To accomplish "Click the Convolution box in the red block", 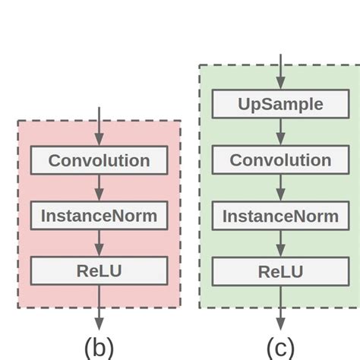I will pos(99,160).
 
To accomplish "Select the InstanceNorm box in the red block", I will pos(99,216).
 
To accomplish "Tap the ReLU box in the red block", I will pos(99,270).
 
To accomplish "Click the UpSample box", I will pos(280,104).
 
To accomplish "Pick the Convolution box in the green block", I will pos(280,160).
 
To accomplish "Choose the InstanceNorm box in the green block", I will pos(280,216).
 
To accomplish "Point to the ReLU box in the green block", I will pos(280,271).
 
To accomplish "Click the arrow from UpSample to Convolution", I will pos(280,132).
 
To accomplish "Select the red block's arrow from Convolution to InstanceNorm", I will pos(99,188).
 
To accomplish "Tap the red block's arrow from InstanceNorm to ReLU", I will pos(99,243).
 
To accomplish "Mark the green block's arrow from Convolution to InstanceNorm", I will pos(280,188).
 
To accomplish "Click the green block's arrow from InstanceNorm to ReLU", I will pos(280,243).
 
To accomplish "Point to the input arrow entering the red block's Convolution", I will pos(99,127).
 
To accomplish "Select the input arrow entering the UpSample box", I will pos(280,71).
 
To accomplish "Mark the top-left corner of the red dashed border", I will pos(18,121).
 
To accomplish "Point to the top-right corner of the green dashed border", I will pos(359,65).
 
